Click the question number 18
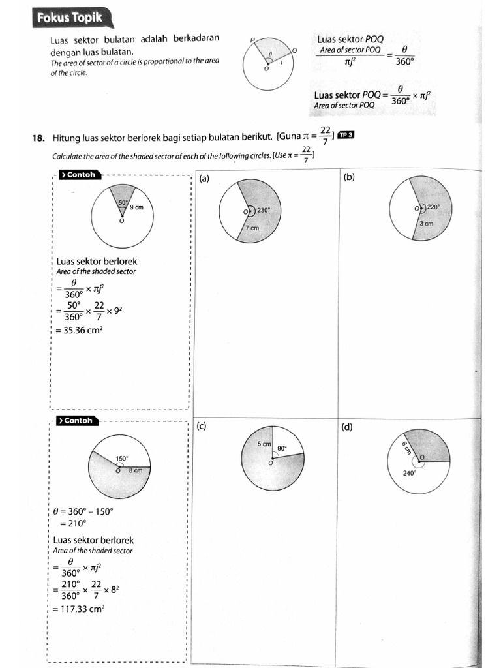(38, 138)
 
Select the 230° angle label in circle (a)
(263, 211)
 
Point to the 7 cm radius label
(252, 228)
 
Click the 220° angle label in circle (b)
(433, 207)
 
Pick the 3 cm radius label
(426, 224)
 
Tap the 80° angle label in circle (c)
(282, 449)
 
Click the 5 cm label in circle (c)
(264, 444)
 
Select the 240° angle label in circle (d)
(409, 474)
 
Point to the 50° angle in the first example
(122, 203)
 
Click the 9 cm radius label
(136, 207)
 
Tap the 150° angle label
(122, 459)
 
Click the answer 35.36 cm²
(80, 330)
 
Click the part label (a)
(204, 179)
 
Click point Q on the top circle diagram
(294, 50)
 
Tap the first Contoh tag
(78, 175)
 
